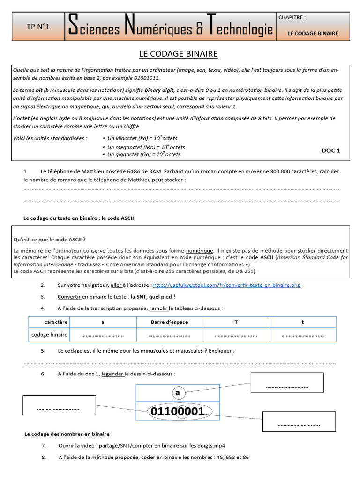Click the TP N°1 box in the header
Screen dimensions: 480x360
38,27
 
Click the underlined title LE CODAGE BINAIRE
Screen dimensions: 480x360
178,54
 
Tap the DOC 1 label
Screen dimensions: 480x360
330,150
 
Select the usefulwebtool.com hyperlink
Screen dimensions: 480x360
227,285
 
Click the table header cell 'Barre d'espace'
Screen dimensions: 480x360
169,322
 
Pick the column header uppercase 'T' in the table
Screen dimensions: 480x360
236,322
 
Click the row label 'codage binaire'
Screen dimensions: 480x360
49,335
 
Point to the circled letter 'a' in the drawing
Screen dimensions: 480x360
177,393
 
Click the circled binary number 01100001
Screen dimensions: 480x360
177,412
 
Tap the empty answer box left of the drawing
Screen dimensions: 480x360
59,408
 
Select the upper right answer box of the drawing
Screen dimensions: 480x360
287,382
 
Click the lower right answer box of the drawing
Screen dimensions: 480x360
299,421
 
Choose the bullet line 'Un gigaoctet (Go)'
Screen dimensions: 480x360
143,154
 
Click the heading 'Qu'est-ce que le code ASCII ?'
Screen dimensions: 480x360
50,240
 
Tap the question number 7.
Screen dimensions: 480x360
43,445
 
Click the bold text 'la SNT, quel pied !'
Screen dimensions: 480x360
153,297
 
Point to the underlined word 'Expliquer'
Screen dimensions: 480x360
221,351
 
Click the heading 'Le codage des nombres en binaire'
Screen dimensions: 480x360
67,434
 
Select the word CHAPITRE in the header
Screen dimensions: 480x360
292,17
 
